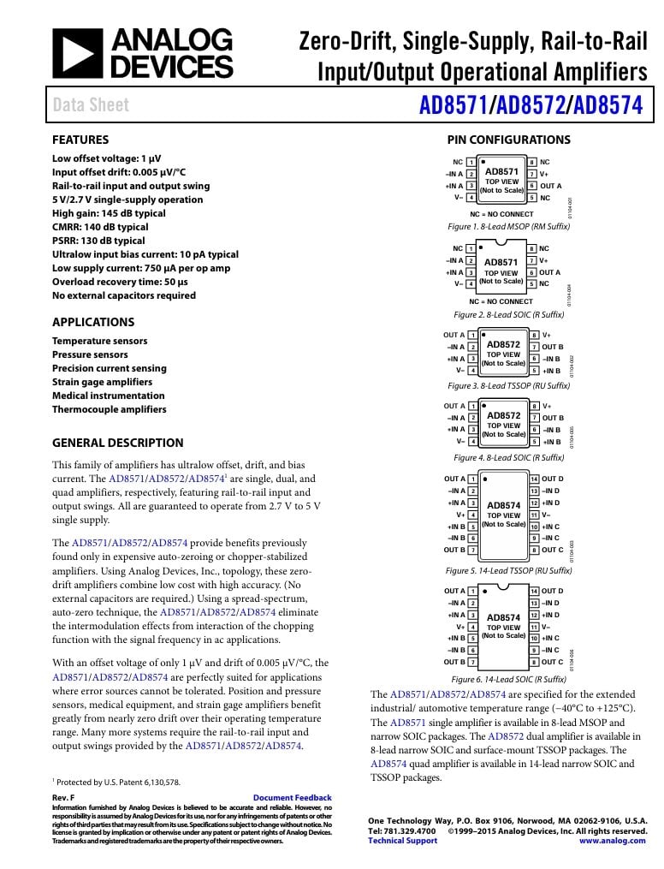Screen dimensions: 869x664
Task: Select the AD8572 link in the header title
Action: point(531,105)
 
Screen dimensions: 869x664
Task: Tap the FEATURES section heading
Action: point(80,140)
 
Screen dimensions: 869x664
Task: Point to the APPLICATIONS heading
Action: point(93,322)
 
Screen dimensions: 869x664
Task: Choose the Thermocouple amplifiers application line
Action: point(110,409)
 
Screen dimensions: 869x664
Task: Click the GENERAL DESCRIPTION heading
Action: point(117,443)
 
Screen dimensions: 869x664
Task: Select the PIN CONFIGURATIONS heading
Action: point(508,140)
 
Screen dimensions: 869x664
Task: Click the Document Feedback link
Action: point(293,797)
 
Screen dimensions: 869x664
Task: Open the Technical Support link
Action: point(402,841)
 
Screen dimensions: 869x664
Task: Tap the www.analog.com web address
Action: point(613,841)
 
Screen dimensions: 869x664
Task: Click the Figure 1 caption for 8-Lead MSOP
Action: point(508,227)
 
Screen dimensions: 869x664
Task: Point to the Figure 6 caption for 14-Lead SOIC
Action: point(508,679)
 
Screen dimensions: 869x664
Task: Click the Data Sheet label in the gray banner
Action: point(91,105)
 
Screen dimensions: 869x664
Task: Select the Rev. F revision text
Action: point(64,797)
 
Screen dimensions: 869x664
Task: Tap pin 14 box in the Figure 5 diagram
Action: point(534,479)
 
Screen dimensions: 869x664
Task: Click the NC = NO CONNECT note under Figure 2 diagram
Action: point(501,301)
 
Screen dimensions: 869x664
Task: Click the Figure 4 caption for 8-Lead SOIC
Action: point(508,458)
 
